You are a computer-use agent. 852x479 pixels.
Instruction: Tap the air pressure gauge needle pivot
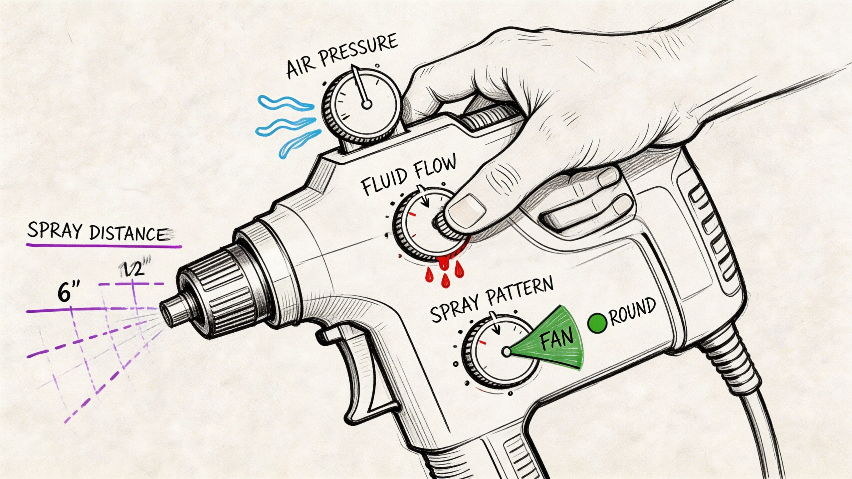pyautogui.click(x=366, y=105)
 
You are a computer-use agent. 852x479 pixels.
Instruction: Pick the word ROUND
pyautogui.click(x=633, y=311)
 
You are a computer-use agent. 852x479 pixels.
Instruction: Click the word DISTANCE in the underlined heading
pyautogui.click(x=128, y=234)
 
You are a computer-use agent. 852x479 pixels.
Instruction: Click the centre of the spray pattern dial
pyautogui.click(x=506, y=352)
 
